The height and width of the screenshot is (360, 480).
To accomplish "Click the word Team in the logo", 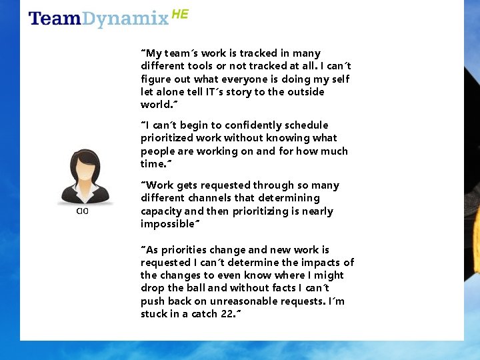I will pos(55,19).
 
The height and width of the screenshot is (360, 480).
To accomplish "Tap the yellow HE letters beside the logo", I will pos(180,13).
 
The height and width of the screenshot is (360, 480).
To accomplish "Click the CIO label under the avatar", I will pos(82,211).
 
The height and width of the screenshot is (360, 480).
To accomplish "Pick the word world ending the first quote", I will pos(155,105).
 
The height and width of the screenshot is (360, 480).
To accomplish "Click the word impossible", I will pos(167,224).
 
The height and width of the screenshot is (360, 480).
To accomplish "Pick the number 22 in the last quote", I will pos(227,314).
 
